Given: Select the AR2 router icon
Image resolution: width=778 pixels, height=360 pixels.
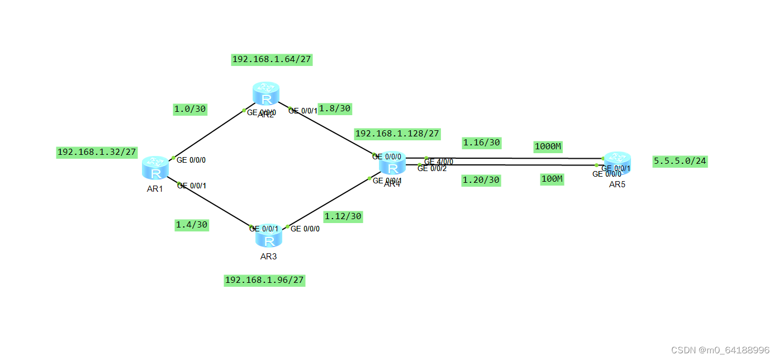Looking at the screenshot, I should pos(265,94).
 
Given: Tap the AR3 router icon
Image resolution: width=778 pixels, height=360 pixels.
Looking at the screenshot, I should pos(269,237).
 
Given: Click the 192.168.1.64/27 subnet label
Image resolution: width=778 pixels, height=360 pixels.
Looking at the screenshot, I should pos(272,59).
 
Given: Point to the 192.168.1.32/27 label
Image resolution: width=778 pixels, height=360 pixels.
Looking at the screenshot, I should pos(97,152).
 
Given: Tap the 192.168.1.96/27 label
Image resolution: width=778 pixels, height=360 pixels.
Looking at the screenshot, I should pos(265,280).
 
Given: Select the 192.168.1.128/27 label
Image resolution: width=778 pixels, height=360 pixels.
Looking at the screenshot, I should pos(397,134).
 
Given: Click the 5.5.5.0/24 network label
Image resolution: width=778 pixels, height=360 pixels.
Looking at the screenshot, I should pos(680,162).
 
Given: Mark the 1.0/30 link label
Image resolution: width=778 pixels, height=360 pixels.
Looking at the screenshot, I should pos(190,110).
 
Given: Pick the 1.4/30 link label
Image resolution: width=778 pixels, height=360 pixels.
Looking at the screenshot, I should pos(192,225).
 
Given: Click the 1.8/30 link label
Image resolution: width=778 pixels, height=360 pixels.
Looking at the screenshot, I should pos(334,108).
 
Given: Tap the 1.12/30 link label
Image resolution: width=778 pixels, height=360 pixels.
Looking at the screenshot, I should pos(343,216).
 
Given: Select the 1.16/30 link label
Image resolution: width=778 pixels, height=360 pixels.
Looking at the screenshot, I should pos(481,143).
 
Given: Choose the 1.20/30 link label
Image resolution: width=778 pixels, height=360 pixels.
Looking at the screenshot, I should pos(481,180).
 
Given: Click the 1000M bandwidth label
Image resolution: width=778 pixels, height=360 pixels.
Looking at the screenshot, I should pos(548,146).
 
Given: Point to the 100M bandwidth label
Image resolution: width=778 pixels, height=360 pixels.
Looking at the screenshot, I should pos(552,179).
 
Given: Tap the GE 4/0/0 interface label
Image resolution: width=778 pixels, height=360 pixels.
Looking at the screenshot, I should pos(439,162).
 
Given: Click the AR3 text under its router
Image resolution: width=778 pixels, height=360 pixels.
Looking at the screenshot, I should pos(268,257).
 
